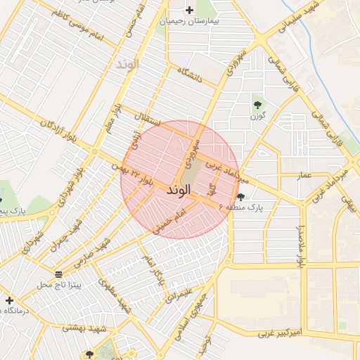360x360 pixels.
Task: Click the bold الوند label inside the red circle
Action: (179, 190)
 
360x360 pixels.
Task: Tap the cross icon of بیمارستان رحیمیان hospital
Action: (188, 10)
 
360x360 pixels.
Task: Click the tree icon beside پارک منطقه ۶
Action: (242, 198)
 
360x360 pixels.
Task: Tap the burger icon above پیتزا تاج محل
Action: (58, 274)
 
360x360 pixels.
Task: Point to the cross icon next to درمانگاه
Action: (8, 300)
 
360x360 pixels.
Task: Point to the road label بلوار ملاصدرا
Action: (300, 247)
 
